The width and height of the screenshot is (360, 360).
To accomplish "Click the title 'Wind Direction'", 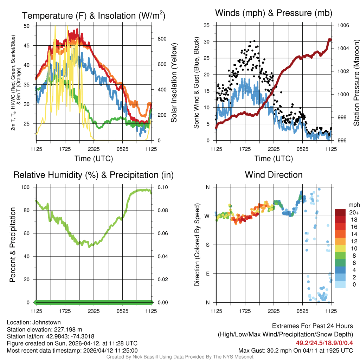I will (274, 175).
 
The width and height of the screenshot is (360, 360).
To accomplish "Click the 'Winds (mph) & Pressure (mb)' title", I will (274, 13).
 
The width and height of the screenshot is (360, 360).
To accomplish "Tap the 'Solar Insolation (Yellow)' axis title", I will (174, 83).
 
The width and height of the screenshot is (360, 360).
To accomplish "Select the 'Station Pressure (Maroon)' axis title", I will (356, 83).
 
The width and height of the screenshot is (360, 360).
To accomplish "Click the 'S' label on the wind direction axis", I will (208, 245).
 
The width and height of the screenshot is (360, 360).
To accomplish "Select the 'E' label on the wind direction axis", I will (208, 274).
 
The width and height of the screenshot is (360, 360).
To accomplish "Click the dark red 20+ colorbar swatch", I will (340, 212).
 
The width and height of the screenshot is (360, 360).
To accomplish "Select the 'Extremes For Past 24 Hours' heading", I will (313, 326).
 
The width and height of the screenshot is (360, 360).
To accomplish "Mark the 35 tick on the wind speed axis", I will (207, 26).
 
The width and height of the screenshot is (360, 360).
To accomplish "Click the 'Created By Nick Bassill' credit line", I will (180, 357).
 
